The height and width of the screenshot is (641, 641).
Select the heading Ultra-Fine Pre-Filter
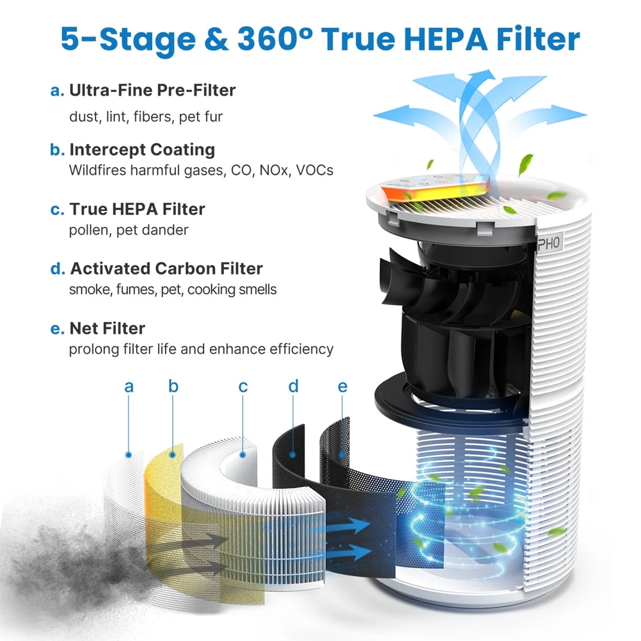152,90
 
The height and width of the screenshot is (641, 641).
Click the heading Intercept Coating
142,150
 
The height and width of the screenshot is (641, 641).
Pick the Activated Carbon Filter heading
166,268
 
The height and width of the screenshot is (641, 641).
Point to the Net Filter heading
107,328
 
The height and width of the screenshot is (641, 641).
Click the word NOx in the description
275,170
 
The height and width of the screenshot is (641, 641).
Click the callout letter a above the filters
129,386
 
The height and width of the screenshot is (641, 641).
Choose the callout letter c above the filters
243,386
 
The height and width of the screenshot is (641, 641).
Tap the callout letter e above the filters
342,386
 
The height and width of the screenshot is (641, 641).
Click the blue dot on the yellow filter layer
173,455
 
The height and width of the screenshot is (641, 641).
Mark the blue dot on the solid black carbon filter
293,455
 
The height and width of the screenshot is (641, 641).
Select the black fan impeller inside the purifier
454,315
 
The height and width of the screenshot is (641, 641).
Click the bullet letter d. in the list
57,269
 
